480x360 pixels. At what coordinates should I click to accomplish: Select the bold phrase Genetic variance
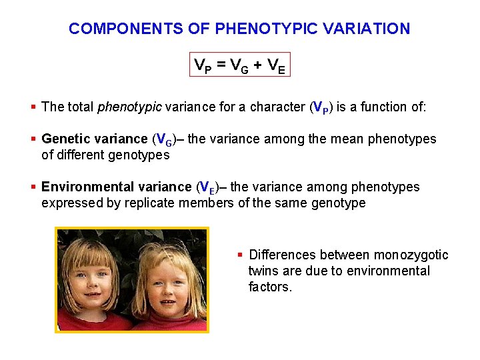[94, 139]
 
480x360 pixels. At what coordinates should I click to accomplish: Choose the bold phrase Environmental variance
[117, 187]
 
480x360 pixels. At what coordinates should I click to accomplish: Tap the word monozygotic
[411, 255]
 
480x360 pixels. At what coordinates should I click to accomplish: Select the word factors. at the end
[270, 287]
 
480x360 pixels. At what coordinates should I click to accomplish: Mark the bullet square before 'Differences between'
[241, 255]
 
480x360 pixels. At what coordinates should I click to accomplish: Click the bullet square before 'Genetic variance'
[34, 139]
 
